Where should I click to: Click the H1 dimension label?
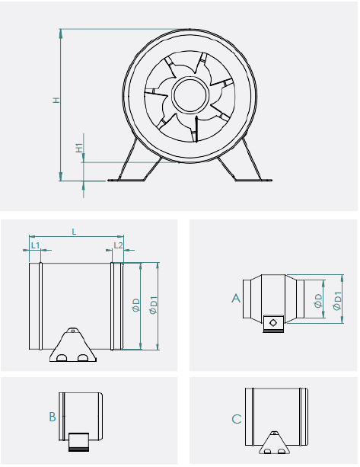[x=79, y=147]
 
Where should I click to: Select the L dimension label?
[x=74, y=230]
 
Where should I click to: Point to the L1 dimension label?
[x=36, y=245]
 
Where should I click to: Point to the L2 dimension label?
[x=116, y=245]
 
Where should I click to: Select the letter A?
[x=236, y=299]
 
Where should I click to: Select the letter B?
[x=52, y=417]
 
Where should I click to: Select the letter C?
[x=237, y=419]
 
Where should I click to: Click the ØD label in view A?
[x=318, y=300]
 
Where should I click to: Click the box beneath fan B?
[x=78, y=440]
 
